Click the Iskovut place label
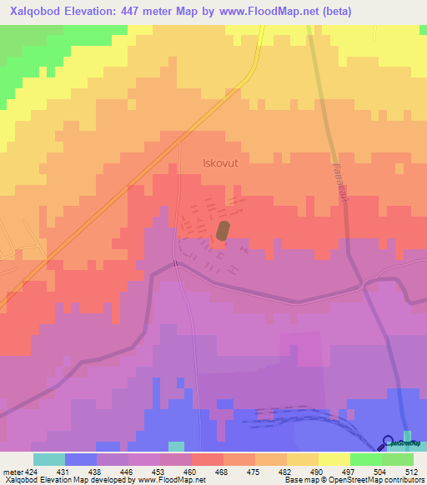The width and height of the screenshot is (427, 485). pyautogui.click(x=220, y=164)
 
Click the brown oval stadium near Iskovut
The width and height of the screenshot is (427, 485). pyautogui.click(x=223, y=231)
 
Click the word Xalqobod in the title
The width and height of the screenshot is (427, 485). pyautogui.click(x=35, y=12)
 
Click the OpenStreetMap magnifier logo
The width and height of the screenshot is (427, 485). pyautogui.click(x=389, y=442)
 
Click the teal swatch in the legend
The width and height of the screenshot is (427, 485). pyautogui.click(x=48, y=459)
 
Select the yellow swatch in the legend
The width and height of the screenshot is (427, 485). pyautogui.click(x=334, y=459)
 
